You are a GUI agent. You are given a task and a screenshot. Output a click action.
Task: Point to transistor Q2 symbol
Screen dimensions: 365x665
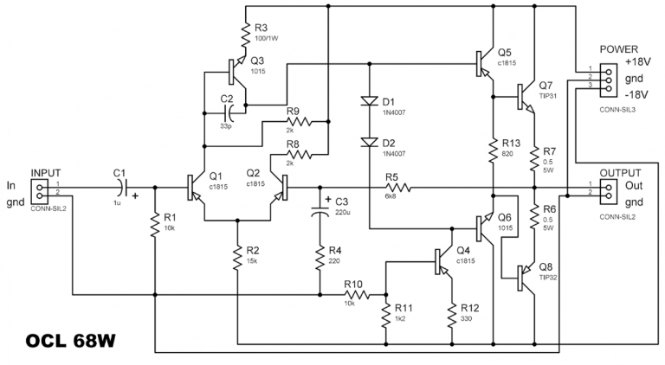(x=279, y=185)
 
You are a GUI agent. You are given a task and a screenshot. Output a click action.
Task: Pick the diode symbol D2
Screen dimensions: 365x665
(x=368, y=142)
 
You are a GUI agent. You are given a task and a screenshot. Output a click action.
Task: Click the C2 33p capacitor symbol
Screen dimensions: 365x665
(x=228, y=112)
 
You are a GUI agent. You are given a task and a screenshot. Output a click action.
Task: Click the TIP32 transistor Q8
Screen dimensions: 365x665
(x=525, y=276)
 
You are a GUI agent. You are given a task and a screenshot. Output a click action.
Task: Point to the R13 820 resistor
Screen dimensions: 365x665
(x=493, y=148)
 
